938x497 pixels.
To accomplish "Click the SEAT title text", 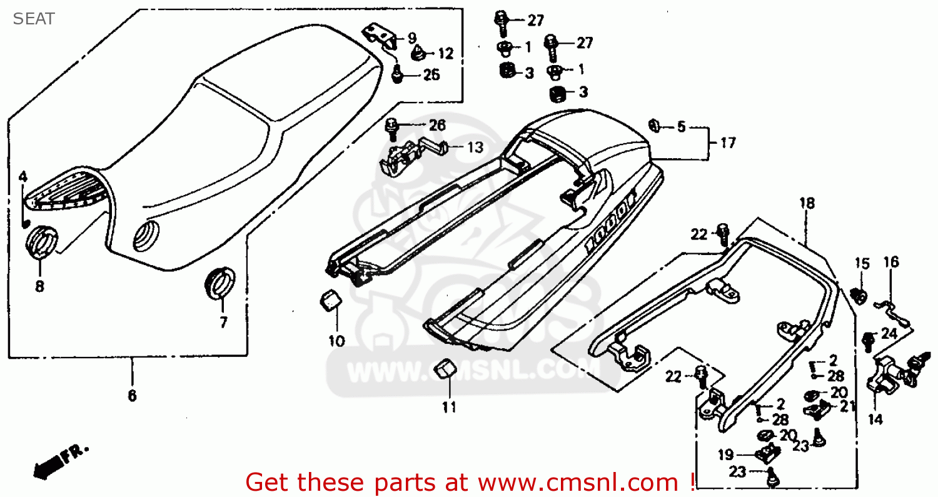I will coord(34,19).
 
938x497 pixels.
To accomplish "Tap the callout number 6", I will coord(132,396).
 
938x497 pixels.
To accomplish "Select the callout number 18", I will coord(807,203).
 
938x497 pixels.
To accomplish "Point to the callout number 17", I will coord(727,143).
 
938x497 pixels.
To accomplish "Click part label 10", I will coord(336,341).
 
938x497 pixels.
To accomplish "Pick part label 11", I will coord(448,408).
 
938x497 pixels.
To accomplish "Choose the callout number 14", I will coord(875,419).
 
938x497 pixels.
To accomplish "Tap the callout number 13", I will coord(475,148).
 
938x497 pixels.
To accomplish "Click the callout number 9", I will coord(411,38).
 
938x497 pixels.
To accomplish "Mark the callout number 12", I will coord(445,53).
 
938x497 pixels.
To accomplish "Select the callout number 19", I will coord(725,454).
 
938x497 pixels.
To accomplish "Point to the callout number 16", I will coord(890,262).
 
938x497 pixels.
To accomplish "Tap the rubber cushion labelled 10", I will coord(330,299).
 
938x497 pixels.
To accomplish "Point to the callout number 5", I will coord(681,128).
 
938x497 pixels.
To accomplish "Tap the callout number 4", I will coord(23,177).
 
